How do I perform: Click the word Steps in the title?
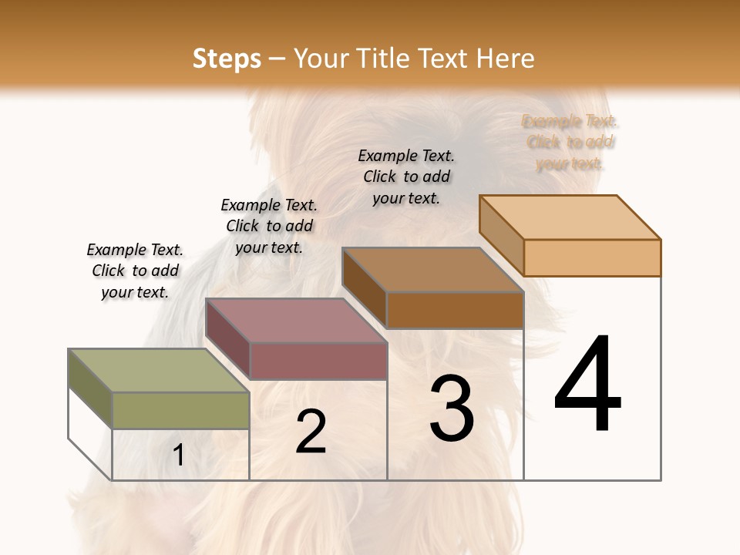click(x=227, y=59)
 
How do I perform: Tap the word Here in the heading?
click(x=505, y=59)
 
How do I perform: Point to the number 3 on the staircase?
click(x=452, y=409)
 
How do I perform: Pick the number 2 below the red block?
click(x=311, y=432)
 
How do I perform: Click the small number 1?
click(x=179, y=455)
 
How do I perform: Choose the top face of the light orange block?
click(x=570, y=217)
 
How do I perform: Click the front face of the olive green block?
click(x=180, y=410)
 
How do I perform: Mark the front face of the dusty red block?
click(x=318, y=361)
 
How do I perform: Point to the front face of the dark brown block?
click(x=455, y=310)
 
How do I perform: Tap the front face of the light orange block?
click(x=592, y=257)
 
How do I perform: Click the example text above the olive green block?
click(x=135, y=271)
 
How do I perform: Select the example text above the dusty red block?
click(x=269, y=226)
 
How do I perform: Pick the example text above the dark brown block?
click(x=406, y=177)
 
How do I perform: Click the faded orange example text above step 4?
click(x=570, y=142)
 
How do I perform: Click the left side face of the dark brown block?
click(x=364, y=288)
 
